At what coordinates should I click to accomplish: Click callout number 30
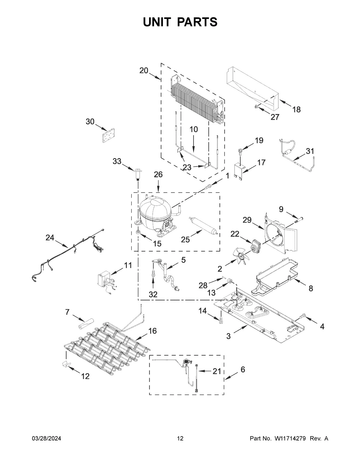point(90,122)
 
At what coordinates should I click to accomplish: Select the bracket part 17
point(240,170)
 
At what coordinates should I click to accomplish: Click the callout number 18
point(296,110)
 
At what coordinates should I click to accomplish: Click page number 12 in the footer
point(180,439)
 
